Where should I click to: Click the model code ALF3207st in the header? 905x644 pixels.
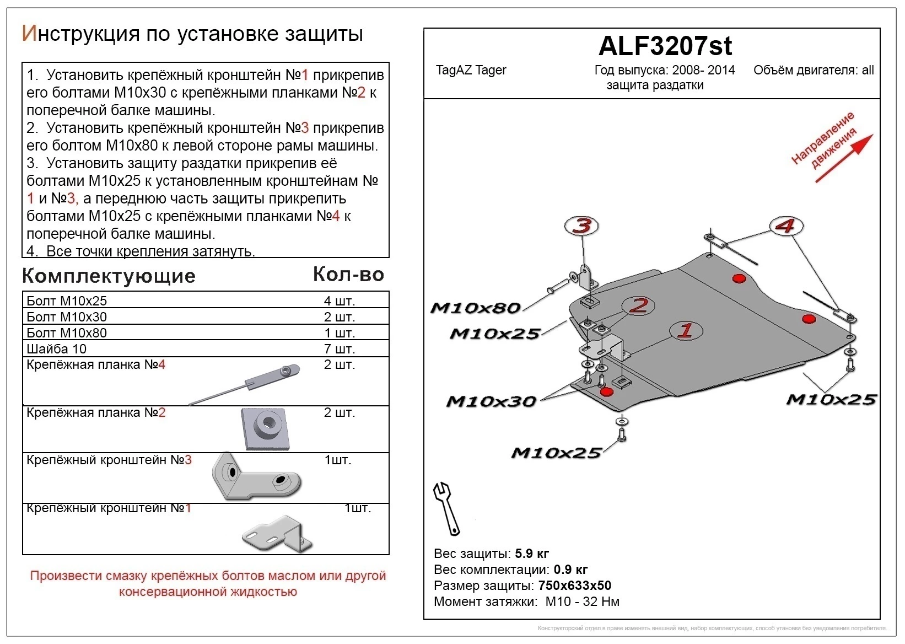665,46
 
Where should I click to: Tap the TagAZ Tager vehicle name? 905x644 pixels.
471,71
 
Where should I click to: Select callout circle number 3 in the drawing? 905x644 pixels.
582,226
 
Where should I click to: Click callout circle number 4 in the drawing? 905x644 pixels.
786,226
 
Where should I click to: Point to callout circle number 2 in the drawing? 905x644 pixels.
638,305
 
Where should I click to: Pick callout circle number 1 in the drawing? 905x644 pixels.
686,330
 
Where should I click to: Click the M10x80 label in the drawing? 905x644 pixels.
475,308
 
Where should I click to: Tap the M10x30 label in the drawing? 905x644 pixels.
491,401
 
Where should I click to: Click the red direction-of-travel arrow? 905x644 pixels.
844,158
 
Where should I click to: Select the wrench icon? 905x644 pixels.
447,508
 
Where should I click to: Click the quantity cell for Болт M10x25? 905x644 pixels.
339,301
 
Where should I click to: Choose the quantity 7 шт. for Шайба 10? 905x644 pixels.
339,349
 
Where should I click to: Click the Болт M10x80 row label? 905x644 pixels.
67,333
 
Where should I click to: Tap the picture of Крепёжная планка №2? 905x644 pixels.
266,428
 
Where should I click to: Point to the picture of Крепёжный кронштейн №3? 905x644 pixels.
256,477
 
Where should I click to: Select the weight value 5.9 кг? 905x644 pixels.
531,554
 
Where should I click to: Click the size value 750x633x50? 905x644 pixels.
574,586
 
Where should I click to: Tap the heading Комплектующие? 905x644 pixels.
109,276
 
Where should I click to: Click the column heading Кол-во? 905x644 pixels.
348,275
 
